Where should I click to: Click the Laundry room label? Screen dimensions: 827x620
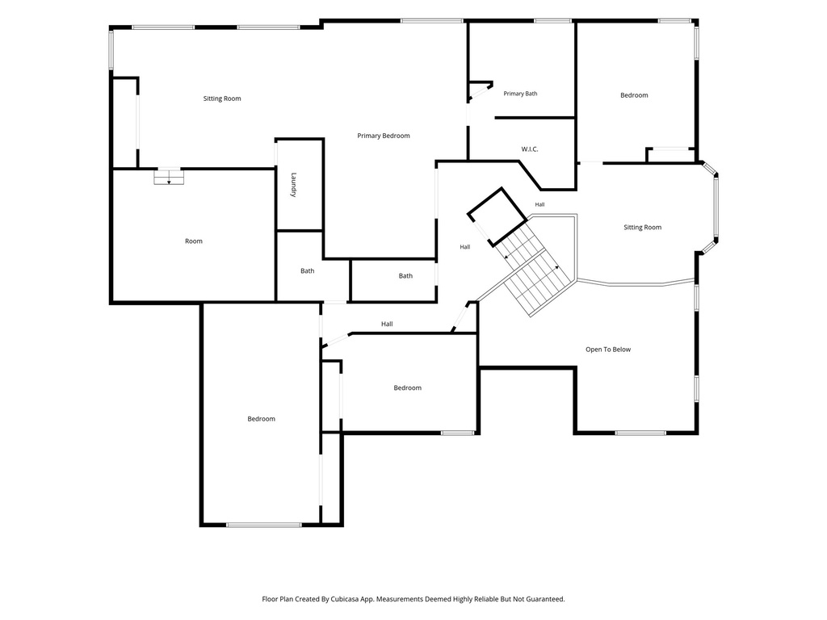pos(294,185)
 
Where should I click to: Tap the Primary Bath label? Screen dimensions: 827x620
pos(520,94)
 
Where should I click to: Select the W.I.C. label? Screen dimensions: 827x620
pos(530,149)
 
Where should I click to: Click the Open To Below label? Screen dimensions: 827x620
pos(607,350)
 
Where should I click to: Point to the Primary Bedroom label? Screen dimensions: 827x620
pos(384,136)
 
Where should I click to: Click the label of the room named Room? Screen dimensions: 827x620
pos(194,241)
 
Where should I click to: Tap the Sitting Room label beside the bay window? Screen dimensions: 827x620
pos(642,227)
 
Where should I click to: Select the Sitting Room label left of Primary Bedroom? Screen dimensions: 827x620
pos(222,98)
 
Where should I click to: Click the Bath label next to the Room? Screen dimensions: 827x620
pos(308,271)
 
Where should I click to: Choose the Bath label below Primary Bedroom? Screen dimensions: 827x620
pos(405,276)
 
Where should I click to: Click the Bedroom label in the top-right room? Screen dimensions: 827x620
pos(634,95)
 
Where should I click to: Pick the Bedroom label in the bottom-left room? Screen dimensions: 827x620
pos(261,419)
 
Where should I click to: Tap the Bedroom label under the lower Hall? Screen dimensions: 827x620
pos(407,388)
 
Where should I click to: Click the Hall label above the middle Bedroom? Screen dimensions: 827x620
pos(387,325)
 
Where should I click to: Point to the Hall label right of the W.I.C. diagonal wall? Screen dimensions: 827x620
pos(539,204)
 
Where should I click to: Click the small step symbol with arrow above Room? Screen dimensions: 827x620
pos(169,177)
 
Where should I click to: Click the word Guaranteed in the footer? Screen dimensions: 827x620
pos(547,599)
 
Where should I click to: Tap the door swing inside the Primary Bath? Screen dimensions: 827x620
pos(480,90)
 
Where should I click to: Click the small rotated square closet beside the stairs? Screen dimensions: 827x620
pos(497,216)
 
